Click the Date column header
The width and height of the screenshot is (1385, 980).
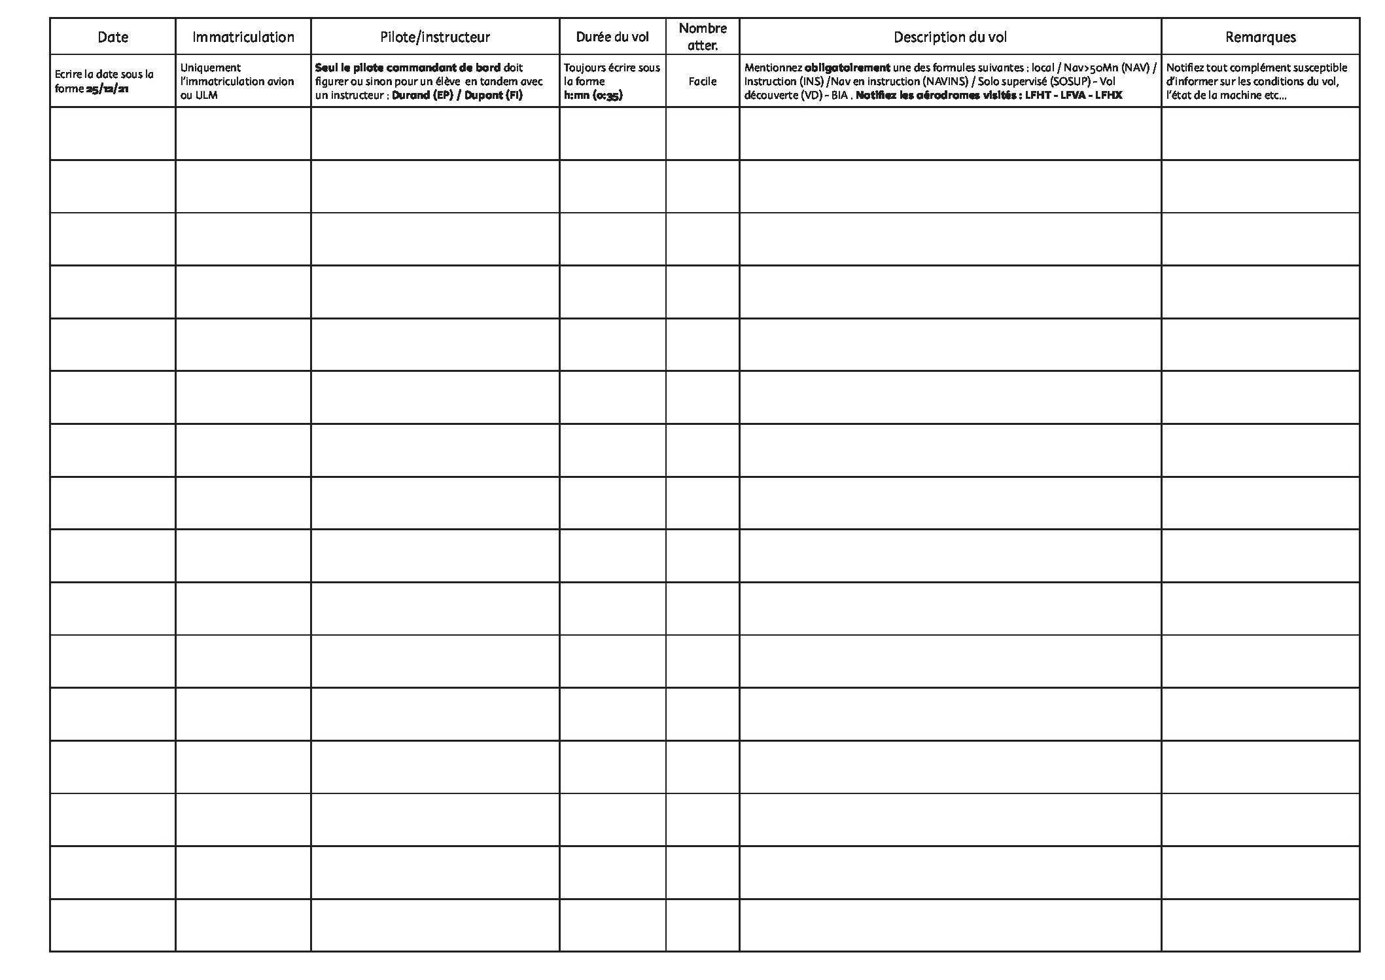coord(113,37)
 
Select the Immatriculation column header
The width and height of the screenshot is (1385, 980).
coord(243,37)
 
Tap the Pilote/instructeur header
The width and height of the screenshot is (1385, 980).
coord(435,37)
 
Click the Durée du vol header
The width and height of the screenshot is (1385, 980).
coord(612,37)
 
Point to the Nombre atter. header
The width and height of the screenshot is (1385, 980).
coord(703,37)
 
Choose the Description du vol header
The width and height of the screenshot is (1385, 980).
coord(950,37)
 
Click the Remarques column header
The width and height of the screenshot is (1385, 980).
coord(1260,37)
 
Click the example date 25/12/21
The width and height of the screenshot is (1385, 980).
coord(107,89)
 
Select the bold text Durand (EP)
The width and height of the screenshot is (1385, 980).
coord(422,96)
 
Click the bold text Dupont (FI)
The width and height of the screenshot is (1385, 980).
coord(493,96)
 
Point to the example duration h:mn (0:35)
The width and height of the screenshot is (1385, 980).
coord(593,96)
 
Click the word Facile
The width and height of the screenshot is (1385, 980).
coord(703,81)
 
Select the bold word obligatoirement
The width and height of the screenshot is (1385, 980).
coord(847,67)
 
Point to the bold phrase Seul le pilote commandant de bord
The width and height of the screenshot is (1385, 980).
coord(408,67)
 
